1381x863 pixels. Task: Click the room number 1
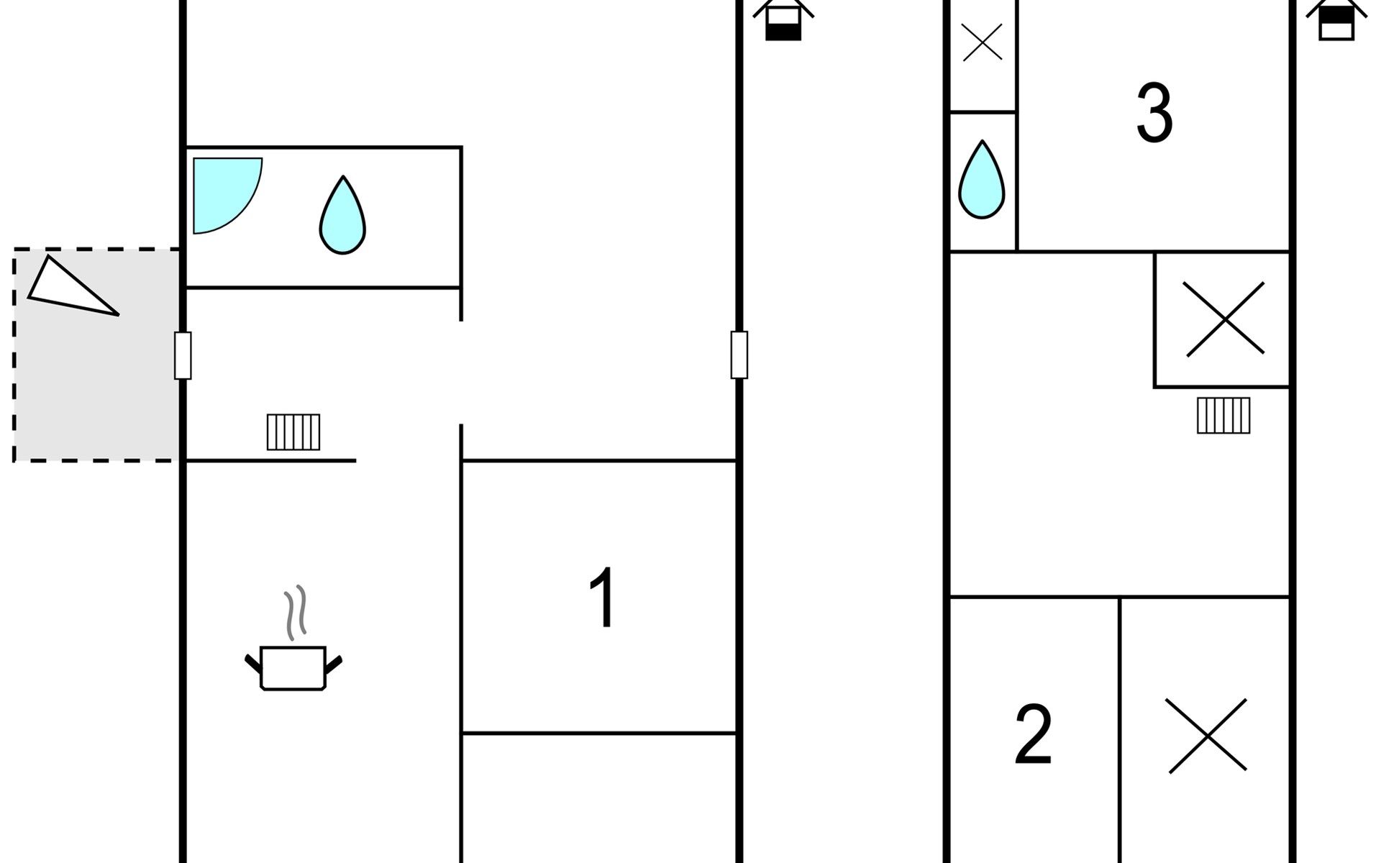pos(602,598)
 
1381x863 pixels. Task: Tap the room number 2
pos(1034,734)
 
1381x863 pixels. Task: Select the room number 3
pos(1154,113)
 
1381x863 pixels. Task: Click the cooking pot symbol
pos(293,668)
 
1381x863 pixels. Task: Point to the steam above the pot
pos(296,612)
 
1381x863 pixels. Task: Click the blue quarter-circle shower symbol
pos(227,195)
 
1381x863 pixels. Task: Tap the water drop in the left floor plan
pos(342,215)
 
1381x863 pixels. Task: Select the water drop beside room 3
pos(982,180)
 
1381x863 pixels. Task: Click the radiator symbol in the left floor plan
pos(293,432)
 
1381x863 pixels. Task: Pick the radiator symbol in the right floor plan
pos(1223,416)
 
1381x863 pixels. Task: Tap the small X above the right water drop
pos(982,42)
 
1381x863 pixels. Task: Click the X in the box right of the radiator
pos(1224,319)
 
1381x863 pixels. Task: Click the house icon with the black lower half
pos(783,19)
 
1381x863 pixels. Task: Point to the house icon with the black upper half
pos(1336,19)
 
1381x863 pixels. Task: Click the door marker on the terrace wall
pos(183,355)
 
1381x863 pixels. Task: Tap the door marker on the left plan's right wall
pos(739,355)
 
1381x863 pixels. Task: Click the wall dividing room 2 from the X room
pos(1120,730)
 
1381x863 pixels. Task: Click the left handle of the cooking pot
pos(253,663)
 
